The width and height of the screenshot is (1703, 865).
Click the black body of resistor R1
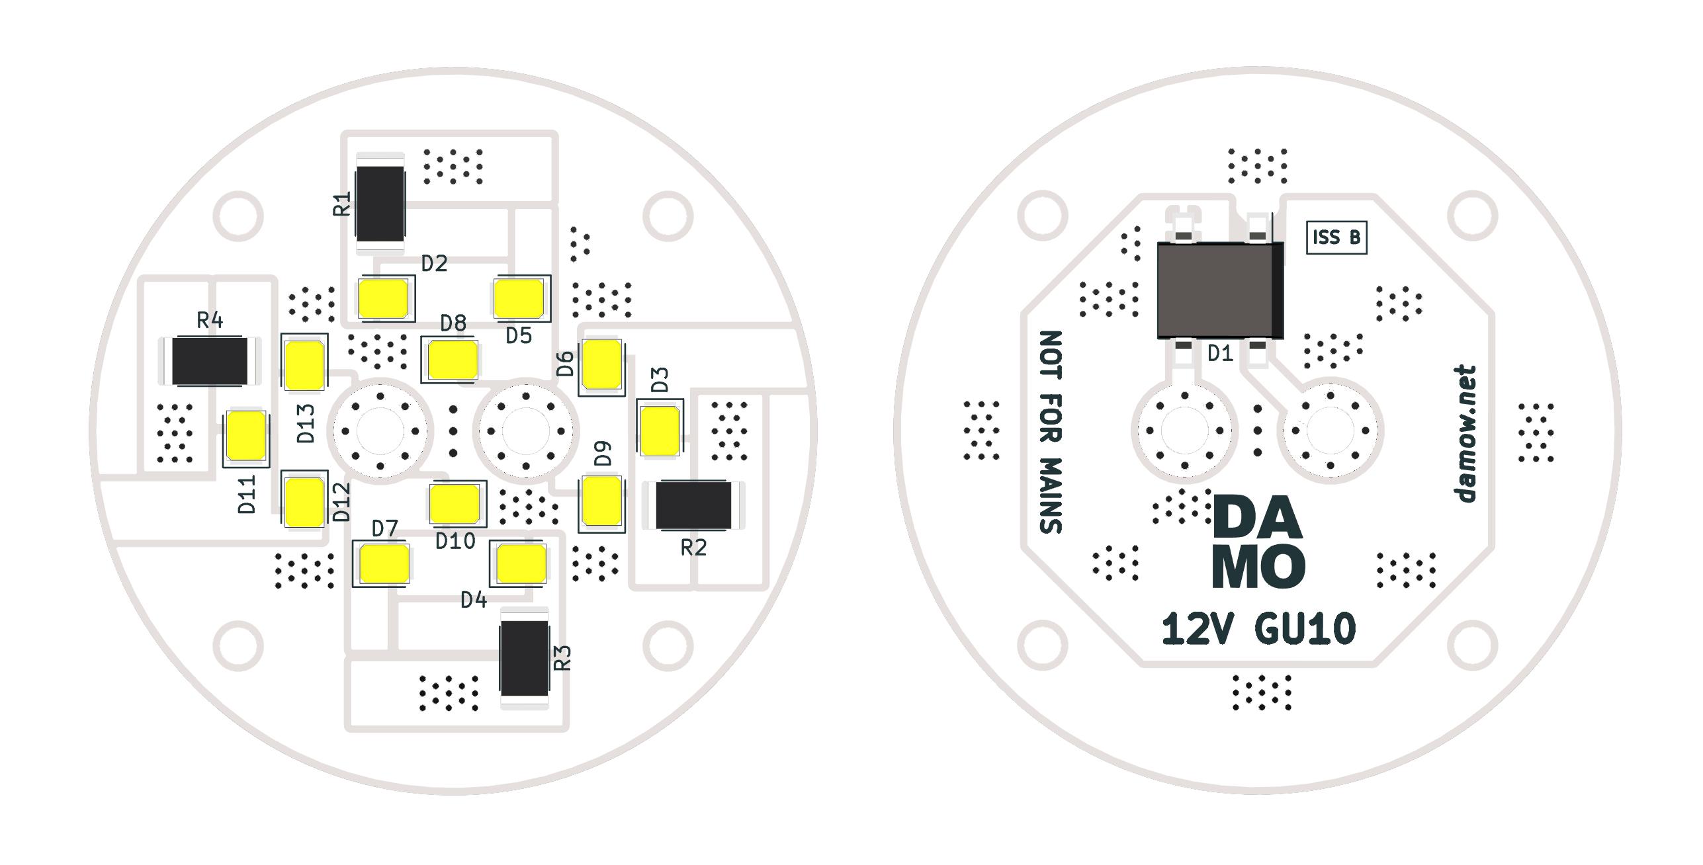pos(380,203)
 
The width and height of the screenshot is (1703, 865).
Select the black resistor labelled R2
pos(693,505)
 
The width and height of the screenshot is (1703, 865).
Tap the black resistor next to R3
pos(525,658)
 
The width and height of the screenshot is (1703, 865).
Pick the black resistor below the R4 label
pos(210,361)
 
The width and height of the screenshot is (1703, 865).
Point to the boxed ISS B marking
pos(1336,237)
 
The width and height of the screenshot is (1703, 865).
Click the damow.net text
pos(1465,434)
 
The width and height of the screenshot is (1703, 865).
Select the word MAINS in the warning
pos(1051,495)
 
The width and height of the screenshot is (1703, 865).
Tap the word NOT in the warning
pos(1051,355)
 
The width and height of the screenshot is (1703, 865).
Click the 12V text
pos(1196,629)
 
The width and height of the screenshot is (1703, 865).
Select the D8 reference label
pos(453,323)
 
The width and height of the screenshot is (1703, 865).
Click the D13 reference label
pos(306,423)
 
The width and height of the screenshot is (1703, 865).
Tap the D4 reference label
pos(474,600)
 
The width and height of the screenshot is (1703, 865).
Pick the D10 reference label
pos(455,542)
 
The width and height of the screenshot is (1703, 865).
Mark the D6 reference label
pos(565,364)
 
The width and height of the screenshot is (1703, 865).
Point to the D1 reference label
pos(1220,354)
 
